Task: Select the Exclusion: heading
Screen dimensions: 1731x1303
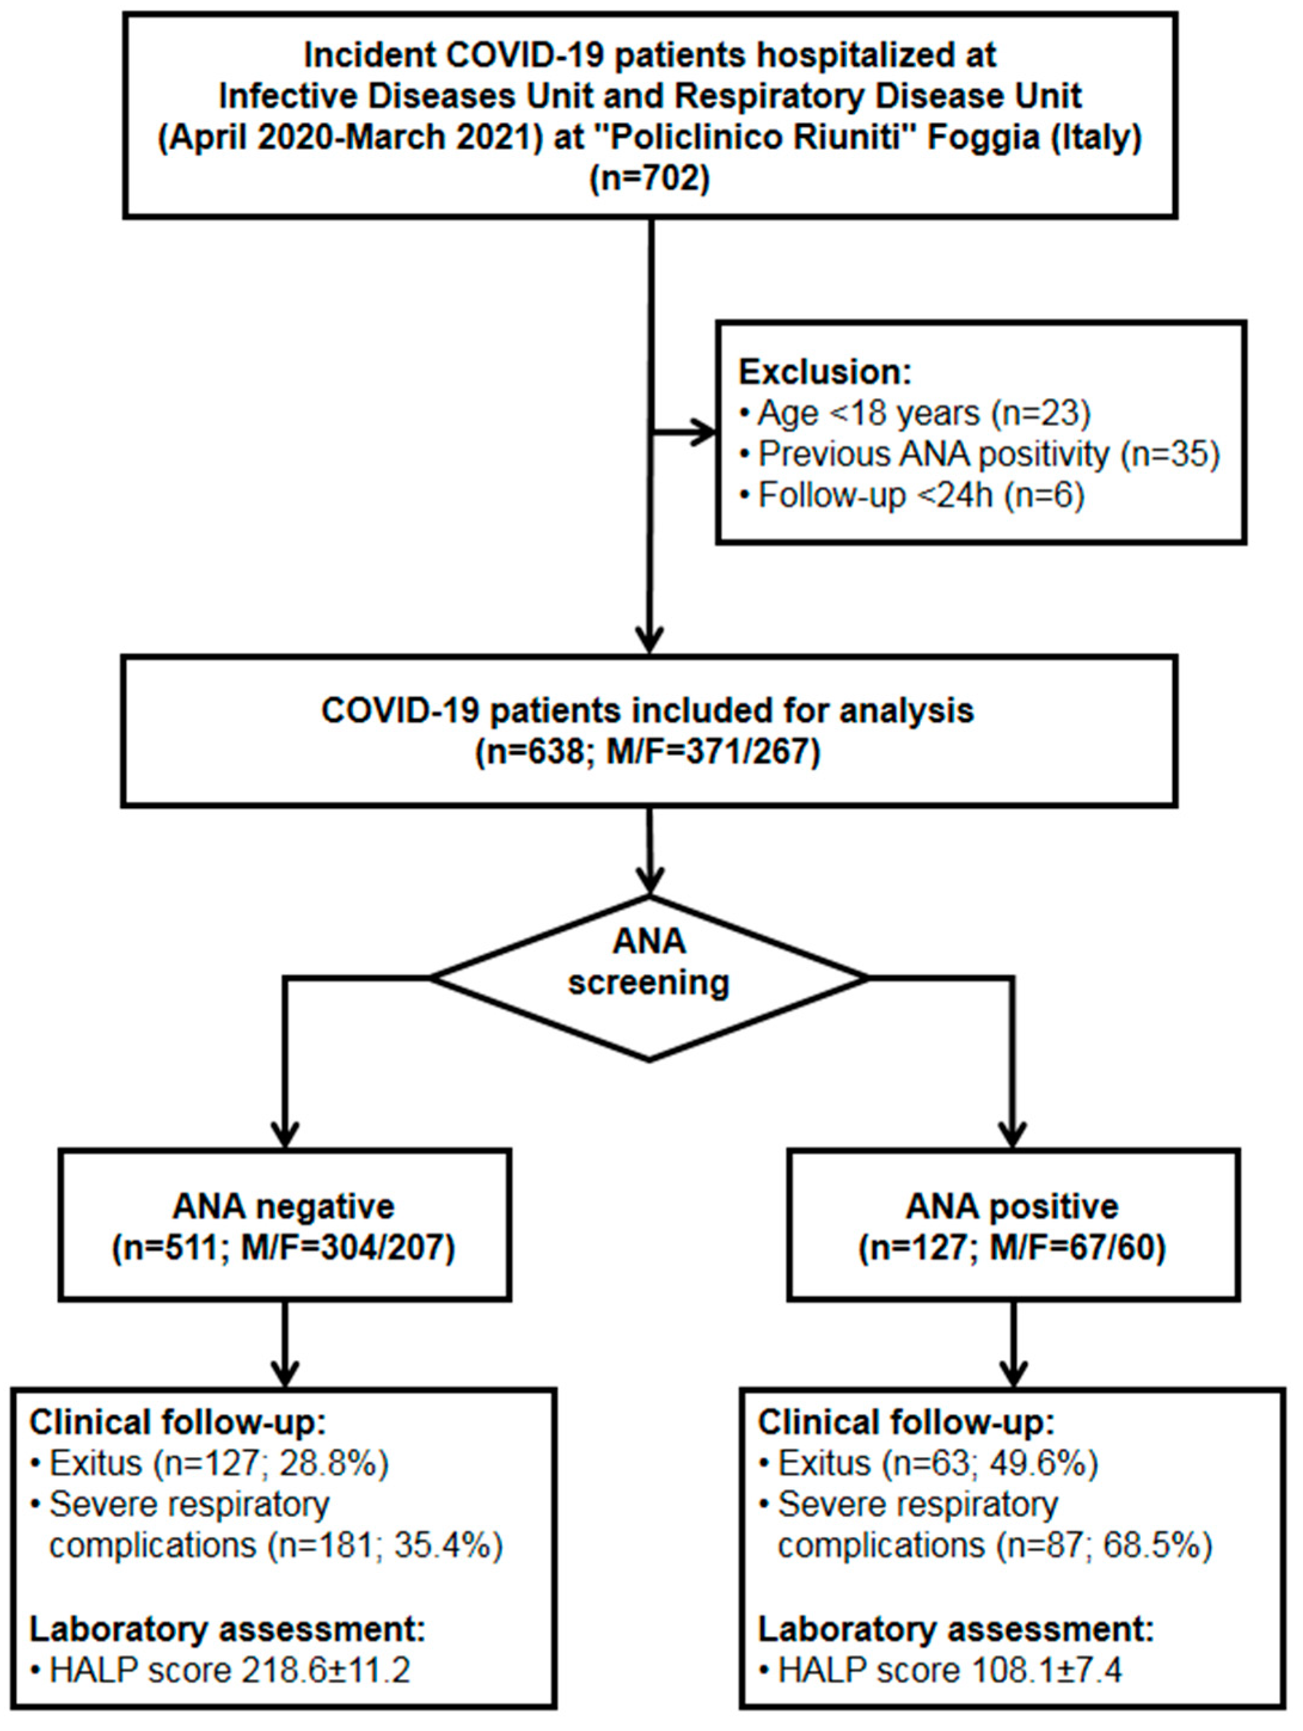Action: (x=825, y=372)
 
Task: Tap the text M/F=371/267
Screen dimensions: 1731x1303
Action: (x=712, y=752)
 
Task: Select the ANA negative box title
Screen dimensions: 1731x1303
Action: (x=284, y=1207)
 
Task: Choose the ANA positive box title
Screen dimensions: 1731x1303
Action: (x=1013, y=1207)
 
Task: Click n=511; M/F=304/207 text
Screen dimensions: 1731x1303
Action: (x=284, y=1248)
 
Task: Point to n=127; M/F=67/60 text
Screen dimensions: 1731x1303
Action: (x=1013, y=1248)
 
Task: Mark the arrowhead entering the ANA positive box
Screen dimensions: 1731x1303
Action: (x=1013, y=1136)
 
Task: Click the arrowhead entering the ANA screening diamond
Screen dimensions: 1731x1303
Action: (x=649, y=882)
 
